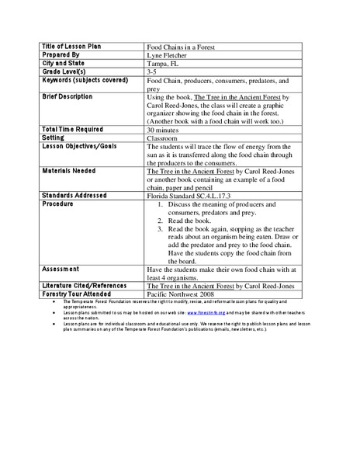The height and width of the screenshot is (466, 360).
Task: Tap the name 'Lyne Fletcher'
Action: click(165, 55)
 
